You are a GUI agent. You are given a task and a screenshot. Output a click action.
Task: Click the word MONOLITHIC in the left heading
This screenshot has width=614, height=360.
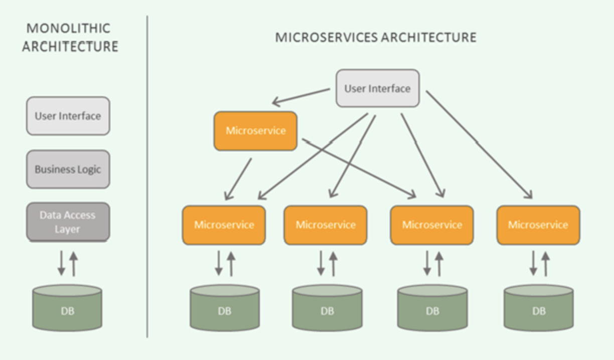pos(68,29)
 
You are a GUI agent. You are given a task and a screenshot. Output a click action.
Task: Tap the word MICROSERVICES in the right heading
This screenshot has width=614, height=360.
pos(327,38)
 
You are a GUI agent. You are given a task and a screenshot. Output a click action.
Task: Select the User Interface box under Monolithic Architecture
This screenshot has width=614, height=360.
pos(68,116)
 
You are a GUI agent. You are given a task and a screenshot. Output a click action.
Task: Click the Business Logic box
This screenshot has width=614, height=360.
pos(68,169)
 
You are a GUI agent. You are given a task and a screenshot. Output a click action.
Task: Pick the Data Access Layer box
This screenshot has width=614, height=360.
pos(68,222)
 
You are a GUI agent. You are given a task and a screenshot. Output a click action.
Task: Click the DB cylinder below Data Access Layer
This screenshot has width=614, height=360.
pos(67,308)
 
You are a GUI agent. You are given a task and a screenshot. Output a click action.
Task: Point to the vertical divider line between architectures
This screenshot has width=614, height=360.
pos(147,176)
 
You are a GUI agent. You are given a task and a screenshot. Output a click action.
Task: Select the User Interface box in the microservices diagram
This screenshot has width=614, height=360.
pos(378,88)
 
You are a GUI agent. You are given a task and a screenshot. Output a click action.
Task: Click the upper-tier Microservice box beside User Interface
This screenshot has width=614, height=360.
pos(255,131)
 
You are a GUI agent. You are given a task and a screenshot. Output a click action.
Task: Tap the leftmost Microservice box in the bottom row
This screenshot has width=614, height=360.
pos(224,225)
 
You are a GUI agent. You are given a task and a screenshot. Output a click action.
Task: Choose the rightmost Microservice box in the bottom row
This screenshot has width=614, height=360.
pos(538,225)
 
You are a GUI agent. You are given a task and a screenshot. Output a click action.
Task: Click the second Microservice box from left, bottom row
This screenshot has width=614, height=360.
pos(326,225)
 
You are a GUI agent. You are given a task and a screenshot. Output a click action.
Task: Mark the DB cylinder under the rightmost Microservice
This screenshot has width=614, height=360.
pos(539,308)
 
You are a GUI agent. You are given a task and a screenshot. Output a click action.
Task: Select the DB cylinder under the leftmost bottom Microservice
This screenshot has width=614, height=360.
pos(225,308)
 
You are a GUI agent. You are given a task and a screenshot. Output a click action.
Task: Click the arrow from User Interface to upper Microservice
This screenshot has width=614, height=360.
pos(301,96)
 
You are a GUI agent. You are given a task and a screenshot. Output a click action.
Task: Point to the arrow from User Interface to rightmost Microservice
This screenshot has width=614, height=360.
pos(479,145)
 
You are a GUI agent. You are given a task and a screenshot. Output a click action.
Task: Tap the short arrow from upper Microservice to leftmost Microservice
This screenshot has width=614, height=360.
pos(238,179)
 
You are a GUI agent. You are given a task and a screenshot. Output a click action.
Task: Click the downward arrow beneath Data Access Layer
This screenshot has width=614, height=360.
pos(61,263)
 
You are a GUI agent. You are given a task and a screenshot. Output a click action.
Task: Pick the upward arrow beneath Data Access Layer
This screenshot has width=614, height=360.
pos(74,264)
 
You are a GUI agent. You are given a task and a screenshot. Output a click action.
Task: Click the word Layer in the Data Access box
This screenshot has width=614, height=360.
pos(67,229)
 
